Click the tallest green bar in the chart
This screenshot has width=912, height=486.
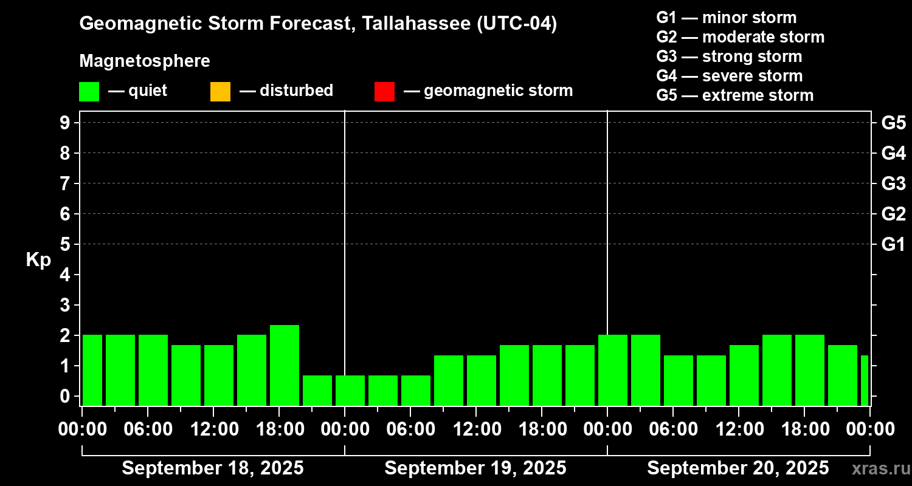285,365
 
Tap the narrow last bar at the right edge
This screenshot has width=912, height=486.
864,380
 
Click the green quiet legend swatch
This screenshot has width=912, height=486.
89,92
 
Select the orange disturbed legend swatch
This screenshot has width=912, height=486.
220,92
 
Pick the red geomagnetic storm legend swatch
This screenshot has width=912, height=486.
384,92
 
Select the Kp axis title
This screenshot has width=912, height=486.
38,260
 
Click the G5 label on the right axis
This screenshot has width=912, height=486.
893,123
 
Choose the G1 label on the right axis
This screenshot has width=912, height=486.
893,244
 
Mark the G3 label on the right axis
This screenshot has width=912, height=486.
893,183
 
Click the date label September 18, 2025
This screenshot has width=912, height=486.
213,468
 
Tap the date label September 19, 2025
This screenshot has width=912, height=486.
475,468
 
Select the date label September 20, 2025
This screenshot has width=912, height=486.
738,468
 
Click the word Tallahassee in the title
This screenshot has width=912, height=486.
409,24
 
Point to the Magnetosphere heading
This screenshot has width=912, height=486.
145,61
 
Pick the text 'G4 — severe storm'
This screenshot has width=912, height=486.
729,76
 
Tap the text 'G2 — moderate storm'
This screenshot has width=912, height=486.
740,37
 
